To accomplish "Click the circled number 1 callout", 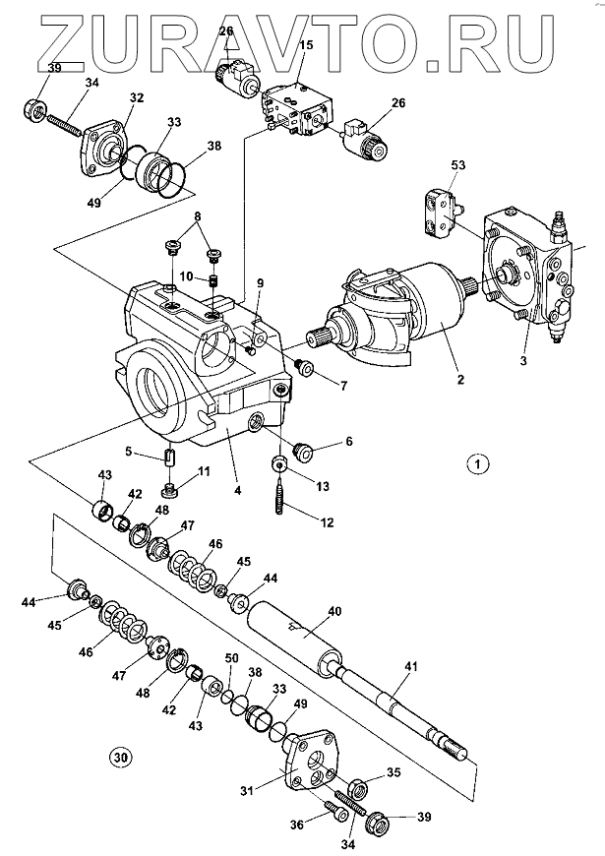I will pyautogui.click(x=477, y=463).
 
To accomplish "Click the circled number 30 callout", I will pyautogui.click(x=120, y=759).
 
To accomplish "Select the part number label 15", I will pyautogui.click(x=306, y=45).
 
